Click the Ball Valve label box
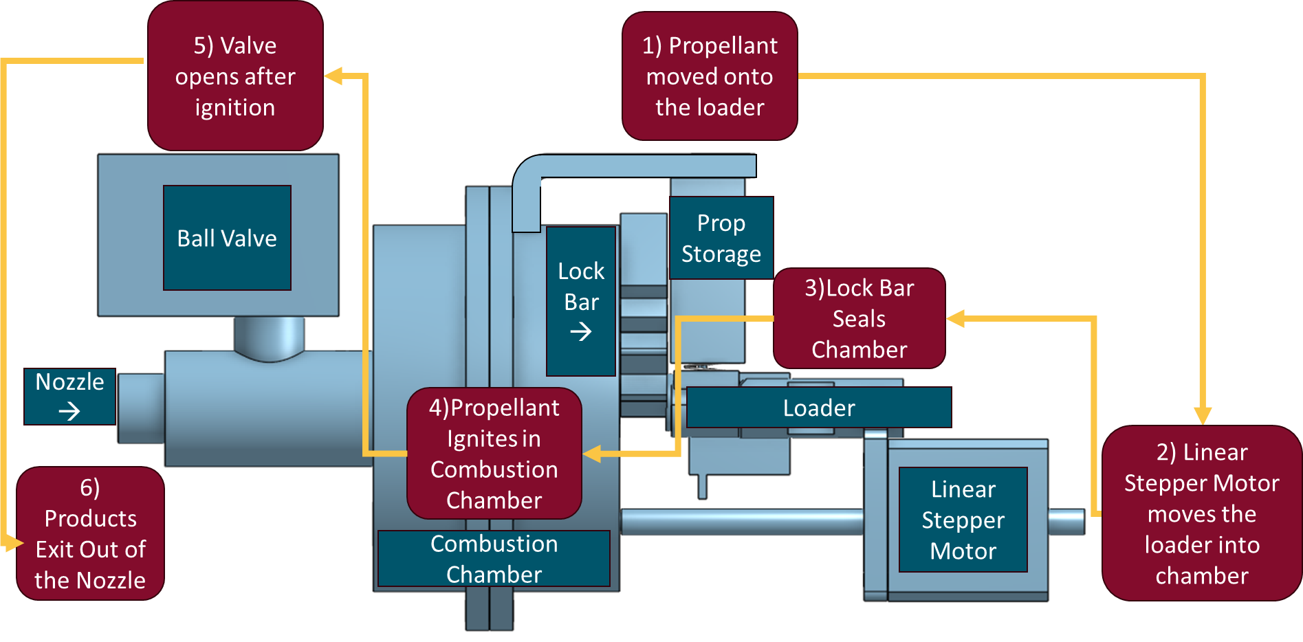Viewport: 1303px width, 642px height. pos(227,238)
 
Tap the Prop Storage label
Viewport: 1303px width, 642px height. pos(721,238)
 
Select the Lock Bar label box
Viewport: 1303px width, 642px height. pos(581,300)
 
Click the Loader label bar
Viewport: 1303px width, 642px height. pos(819,408)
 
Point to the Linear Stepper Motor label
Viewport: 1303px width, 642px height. pos(963,520)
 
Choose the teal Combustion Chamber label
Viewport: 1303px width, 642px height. pos(494,558)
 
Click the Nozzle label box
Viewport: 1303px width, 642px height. pos(69,396)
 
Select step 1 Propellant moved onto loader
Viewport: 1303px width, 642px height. pos(710,76)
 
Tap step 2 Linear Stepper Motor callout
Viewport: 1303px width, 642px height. pos(1201,513)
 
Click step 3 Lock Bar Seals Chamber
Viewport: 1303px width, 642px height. pos(859,318)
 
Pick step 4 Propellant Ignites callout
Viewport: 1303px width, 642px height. pos(494,454)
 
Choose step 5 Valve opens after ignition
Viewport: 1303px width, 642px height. pos(235,76)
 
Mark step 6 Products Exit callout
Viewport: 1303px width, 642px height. pos(90,533)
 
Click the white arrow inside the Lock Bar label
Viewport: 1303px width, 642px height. pos(581,332)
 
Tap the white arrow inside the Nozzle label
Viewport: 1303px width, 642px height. pos(69,411)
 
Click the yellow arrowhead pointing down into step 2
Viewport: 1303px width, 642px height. pos(1202,415)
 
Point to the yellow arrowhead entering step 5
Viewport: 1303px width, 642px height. pos(333,76)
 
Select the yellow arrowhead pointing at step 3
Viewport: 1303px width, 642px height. pos(956,318)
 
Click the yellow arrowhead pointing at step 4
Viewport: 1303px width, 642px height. pos(592,454)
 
